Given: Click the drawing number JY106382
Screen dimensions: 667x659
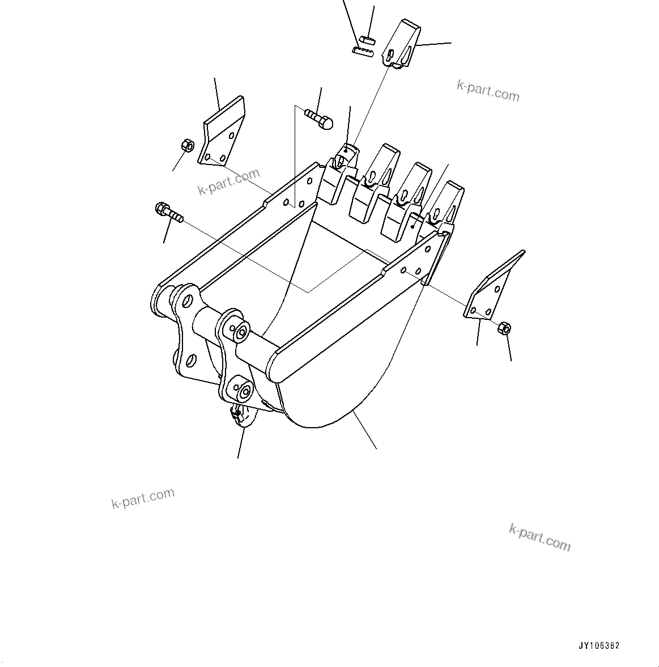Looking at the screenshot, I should [x=599, y=645].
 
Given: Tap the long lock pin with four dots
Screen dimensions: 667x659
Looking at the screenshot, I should [x=363, y=52].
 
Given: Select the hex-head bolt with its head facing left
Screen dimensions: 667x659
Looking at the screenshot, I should [x=168, y=212].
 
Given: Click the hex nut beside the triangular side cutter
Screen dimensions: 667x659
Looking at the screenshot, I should [x=504, y=328].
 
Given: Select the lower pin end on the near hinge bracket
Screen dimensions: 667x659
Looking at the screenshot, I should [x=245, y=391].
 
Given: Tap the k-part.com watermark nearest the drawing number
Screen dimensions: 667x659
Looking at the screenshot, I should [x=540, y=537].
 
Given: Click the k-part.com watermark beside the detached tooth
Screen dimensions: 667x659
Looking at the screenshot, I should [x=488, y=90].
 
